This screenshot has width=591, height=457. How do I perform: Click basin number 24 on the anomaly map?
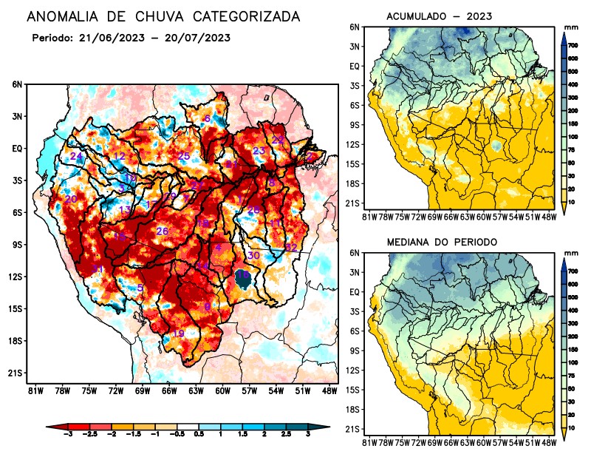76,157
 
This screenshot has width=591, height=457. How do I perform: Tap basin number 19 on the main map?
178,334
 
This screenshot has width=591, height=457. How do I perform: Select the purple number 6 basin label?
208,119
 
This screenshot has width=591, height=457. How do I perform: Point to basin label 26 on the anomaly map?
163,231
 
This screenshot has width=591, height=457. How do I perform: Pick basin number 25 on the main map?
184,156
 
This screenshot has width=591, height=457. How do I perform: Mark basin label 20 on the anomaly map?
71,200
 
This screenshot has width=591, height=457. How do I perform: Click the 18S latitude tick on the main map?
16,341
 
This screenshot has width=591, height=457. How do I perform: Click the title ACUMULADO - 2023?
439,16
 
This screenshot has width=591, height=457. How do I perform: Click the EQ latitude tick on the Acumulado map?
355,66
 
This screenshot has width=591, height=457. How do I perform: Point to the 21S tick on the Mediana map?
353,429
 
